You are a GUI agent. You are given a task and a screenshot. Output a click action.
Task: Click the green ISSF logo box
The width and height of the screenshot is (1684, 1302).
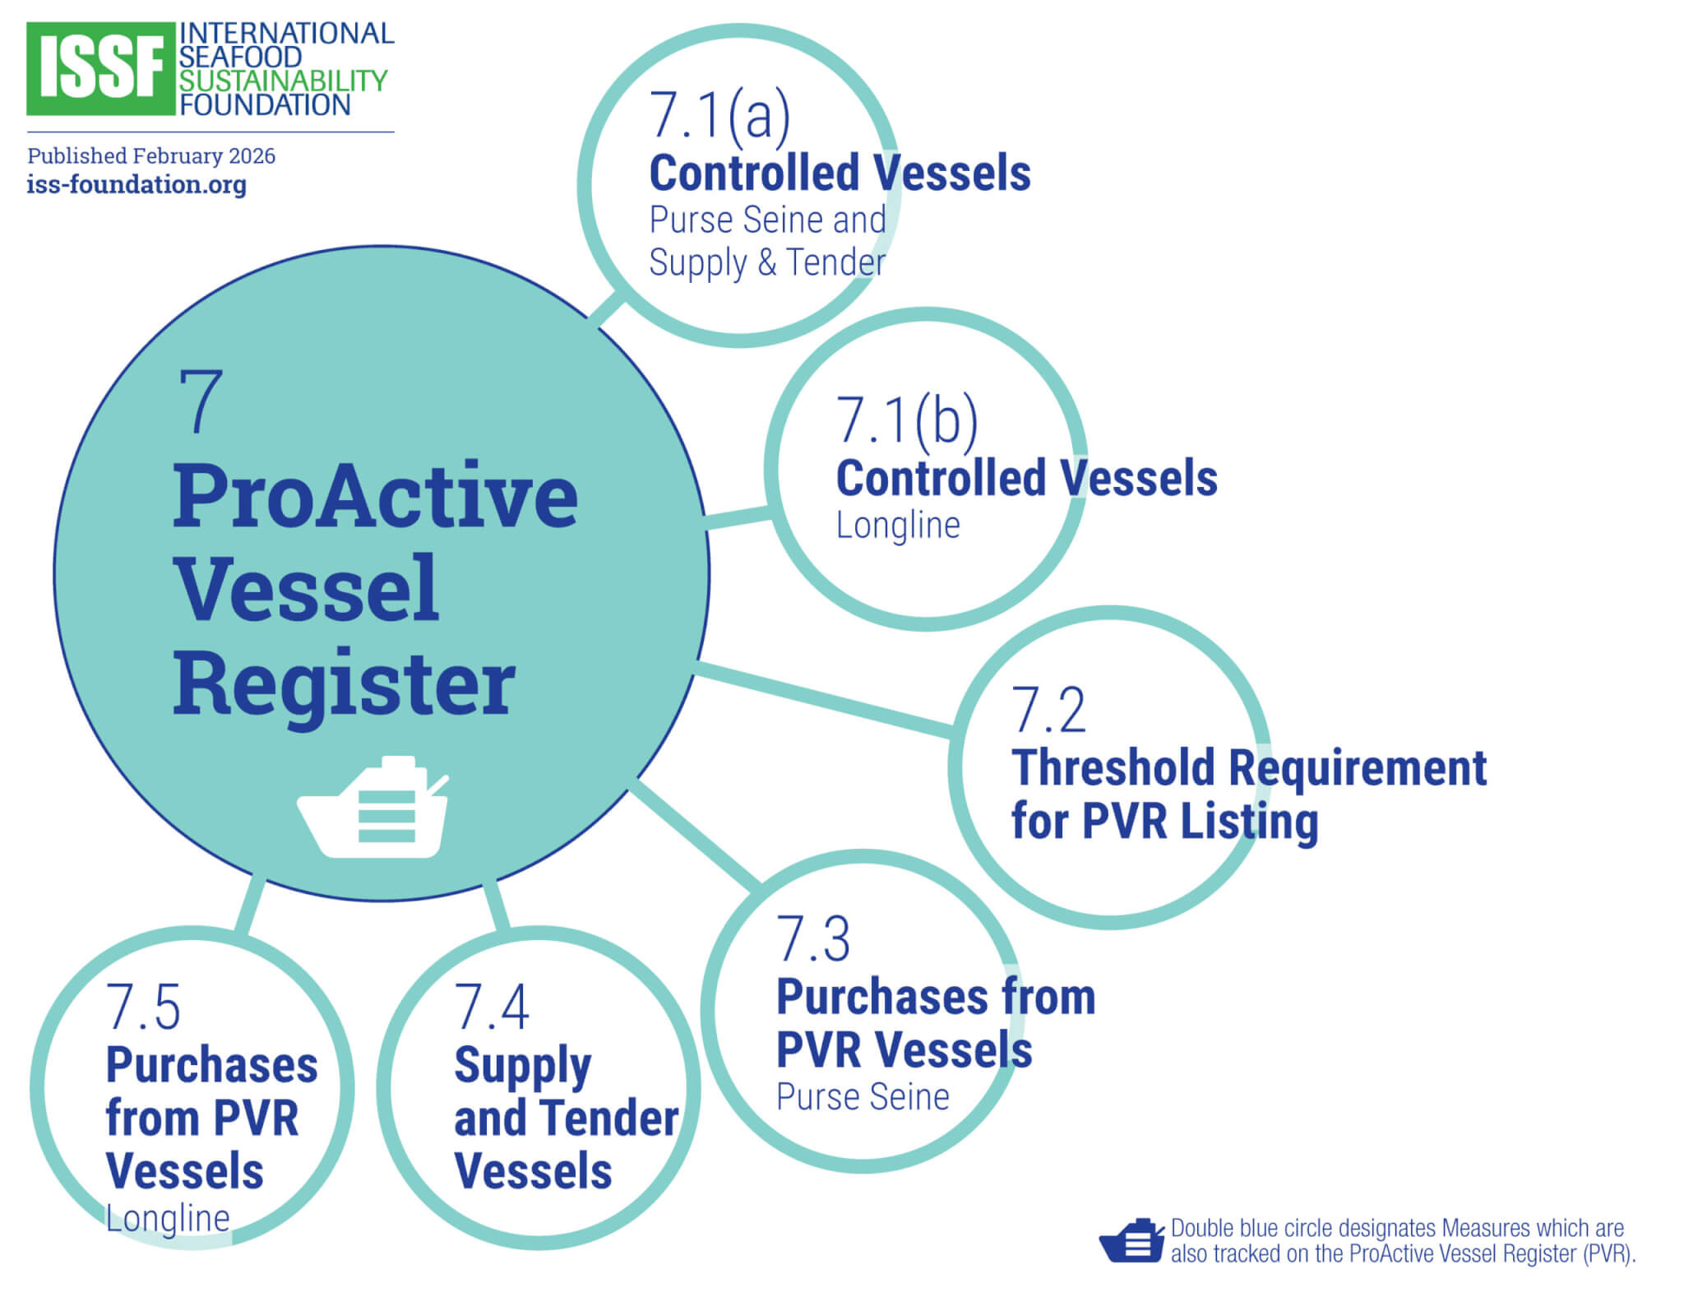coord(100,69)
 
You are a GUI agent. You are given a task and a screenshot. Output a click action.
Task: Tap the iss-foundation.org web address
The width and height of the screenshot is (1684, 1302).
coord(136,184)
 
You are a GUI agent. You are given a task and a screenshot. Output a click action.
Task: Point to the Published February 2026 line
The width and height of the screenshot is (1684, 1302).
coord(151,156)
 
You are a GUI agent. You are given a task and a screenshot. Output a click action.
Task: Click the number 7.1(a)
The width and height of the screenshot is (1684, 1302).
coord(719,115)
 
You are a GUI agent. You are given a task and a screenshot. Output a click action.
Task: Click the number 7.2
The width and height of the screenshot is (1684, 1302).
coord(1048,711)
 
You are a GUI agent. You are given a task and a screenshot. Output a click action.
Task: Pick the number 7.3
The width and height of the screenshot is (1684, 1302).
coord(813,939)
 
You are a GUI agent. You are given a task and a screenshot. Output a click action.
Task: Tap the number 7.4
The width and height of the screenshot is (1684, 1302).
coord(492,1008)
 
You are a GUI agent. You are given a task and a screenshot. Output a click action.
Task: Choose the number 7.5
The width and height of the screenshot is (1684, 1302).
coord(143,1008)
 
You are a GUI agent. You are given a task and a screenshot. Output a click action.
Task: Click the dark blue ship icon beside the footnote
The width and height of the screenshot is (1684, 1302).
coord(1131,1241)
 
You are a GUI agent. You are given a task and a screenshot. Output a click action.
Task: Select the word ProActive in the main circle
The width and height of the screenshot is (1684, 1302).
coord(375,496)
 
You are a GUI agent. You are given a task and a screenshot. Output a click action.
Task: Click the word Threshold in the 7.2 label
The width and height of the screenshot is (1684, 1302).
coord(1113,768)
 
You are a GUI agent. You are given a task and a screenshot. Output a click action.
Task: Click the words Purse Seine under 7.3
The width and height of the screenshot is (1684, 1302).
coord(863,1097)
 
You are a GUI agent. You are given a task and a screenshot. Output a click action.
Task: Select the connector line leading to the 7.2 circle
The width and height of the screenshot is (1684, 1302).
coord(822,697)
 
